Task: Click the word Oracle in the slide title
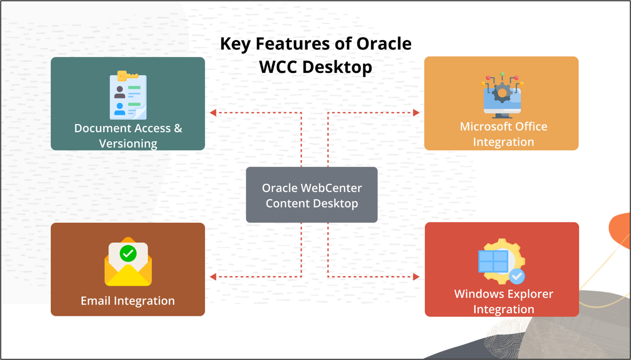click(x=384, y=44)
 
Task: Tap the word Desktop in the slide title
click(x=337, y=67)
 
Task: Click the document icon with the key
click(x=128, y=96)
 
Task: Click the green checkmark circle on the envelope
click(x=128, y=253)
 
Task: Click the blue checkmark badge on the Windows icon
click(x=517, y=276)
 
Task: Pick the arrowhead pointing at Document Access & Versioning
click(x=213, y=113)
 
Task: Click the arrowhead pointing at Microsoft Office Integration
click(x=416, y=113)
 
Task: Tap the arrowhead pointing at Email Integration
click(x=213, y=277)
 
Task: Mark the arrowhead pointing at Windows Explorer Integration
click(x=416, y=277)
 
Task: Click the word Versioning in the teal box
click(x=128, y=144)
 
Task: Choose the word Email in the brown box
click(x=96, y=301)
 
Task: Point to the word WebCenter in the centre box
click(x=331, y=188)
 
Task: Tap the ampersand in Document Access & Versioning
click(x=178, y=128)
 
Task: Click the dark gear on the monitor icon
click(x=502, y=93)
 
